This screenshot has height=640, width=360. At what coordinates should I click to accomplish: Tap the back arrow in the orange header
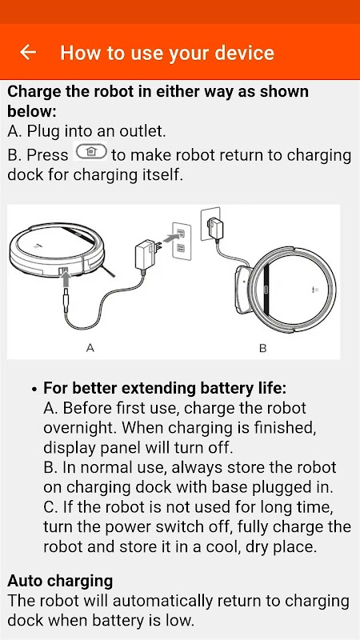click(x=28, y=52)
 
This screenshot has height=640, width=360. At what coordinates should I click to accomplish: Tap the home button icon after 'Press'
click(x=90, y=151)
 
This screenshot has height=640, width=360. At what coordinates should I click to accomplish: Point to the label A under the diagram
click(x=90, y=348)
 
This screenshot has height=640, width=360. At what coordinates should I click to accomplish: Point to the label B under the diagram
click(x=263, y=348)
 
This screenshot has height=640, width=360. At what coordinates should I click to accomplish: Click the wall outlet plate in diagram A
click(x=182, y=240)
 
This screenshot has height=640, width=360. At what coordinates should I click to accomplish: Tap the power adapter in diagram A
click(x=146, y=254)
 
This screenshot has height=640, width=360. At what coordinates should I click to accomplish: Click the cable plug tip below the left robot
click(x=66, y=302)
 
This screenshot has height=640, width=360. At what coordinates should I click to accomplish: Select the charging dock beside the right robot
click(x=243, y=290)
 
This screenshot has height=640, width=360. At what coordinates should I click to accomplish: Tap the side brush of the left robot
click(x=108, y=270)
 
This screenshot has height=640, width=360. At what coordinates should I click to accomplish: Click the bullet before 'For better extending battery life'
click(x=34, y=389)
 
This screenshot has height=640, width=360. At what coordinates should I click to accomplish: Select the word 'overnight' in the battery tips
click(x=79, y=427)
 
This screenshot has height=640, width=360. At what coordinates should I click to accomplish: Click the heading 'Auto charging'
click(x=60, y=582)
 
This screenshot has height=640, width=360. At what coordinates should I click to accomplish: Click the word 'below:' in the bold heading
click(x=32, y=111)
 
